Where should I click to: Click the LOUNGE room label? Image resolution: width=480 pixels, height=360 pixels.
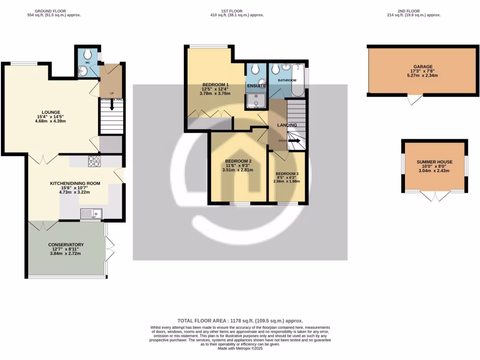[51, 112]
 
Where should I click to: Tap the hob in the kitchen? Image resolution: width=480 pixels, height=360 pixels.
[94, 161]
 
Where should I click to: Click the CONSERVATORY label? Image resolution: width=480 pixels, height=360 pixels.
[66, 245]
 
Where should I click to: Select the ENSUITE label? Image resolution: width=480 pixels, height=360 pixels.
[256, 86]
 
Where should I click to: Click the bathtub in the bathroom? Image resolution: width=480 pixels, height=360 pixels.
[298, 77]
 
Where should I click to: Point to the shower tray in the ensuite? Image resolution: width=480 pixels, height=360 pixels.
[256, 100]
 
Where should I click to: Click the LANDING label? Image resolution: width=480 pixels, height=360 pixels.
[287, 125]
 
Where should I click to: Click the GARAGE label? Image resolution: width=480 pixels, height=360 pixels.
[423, 67]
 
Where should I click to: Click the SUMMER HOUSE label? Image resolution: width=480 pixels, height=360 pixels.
[434, 162]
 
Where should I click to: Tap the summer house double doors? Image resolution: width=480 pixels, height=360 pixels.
[435, 196]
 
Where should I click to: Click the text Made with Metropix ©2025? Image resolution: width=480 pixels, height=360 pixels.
[240, 348]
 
